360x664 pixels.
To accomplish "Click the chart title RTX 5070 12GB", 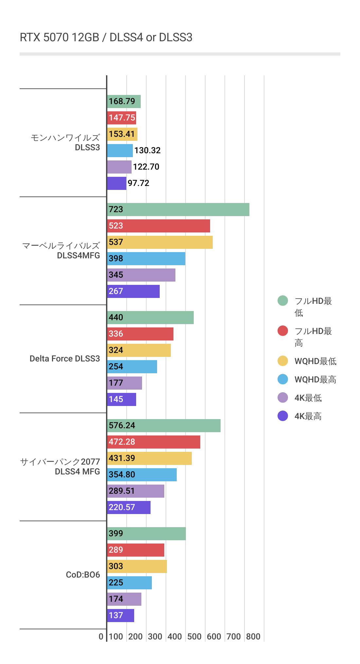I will pos(106,38).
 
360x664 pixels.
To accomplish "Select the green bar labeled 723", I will pos(178,210).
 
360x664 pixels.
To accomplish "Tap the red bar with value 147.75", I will pos(121,118).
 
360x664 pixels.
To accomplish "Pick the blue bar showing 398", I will pos(146,259).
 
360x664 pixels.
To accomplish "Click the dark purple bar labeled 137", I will pos(120,616).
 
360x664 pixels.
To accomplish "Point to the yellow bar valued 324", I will pos(139,350).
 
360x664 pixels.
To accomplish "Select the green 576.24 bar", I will pos(164,426).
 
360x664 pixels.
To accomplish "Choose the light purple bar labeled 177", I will pos(124,383).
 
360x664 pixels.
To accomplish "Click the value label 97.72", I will pos(138,183).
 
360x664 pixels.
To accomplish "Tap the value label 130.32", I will pos(147,151).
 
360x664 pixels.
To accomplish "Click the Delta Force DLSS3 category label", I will pos(64,359).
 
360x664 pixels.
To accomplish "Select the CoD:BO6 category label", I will pos(83,575).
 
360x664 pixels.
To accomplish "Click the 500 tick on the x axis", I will pos(194,637).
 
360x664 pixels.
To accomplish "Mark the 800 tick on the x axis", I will pos(253,637).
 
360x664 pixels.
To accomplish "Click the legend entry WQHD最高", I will pos(315,379).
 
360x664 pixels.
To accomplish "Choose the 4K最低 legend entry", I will pos(308,398).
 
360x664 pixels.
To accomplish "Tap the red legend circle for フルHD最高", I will pos(283,331).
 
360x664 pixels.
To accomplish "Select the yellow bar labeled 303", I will pos(137,566).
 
